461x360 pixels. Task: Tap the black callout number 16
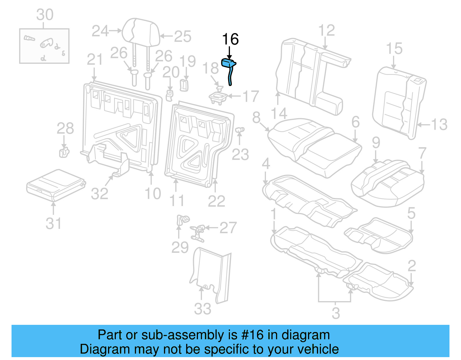(x=230, y=39)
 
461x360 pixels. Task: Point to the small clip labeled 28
(x=64, y=152)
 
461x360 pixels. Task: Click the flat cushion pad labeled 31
(x=55, y=184)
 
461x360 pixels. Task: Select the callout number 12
(x=326, y=30)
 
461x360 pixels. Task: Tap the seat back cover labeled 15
(x=399, y=101)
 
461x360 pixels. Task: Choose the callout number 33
(x=203, y=309)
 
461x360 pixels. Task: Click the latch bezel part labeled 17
(x=218, y=97)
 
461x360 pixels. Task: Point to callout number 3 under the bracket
(x=336, y=313)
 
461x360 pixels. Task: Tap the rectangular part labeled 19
(x=184, y=85)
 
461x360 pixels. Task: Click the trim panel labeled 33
(x=212, y=274)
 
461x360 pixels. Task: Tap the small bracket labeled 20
(x=169, y=95)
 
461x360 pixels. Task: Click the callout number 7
(x=422, y=153)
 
